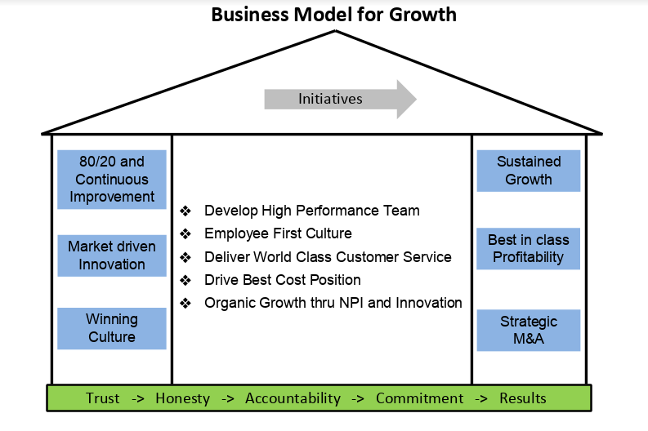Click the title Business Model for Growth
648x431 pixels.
pyautogui.click(x=333, y=15)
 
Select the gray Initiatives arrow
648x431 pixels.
pyautogui.click(x=338, y=100)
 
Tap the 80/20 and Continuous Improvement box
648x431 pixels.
pyautogui.click(x=112, y=180)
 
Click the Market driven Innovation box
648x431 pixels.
pyautogui.click(x=112, y=255)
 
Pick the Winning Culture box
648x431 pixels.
pyautogui.click(x=112, y=328)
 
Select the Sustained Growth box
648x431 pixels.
pyautogui.click(x=529, y=171)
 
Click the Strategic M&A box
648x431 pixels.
pyautogui.click(x=528, y=330)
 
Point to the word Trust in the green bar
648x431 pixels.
pyautogui.click(x=103, y=398)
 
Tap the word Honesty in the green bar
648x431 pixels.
pyautogui.click(x=182, y=398)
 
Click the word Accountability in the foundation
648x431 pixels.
pyautogui.click(x=293, y=398)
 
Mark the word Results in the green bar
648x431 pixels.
pyautogui.click(x=522, y=398)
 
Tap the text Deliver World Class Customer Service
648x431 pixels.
pyautogui.click(x=328, y=257)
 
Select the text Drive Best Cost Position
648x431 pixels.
pyautogui.click(x=283, y=280)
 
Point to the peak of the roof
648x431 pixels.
pyautogui.click(x=335, y=32)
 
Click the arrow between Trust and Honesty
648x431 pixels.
pyautogui.click(x=138, y=398)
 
